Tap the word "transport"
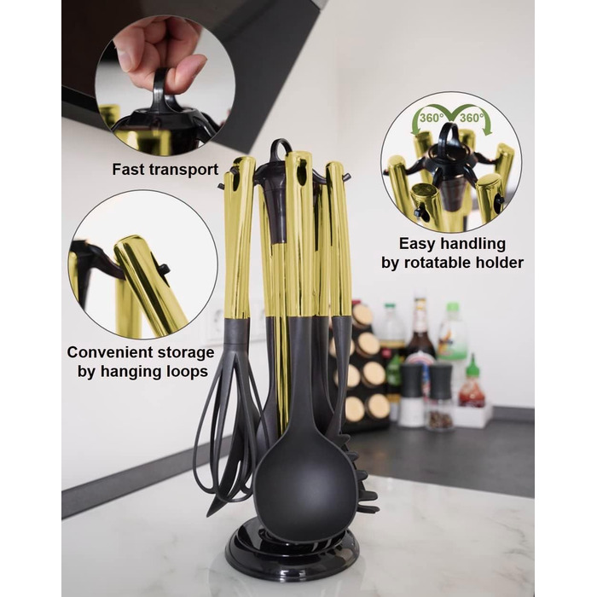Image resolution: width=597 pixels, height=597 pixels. click(183, 171)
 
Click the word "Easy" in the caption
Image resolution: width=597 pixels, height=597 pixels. click(417, 244)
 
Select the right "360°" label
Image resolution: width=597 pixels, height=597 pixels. click(472, 118)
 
